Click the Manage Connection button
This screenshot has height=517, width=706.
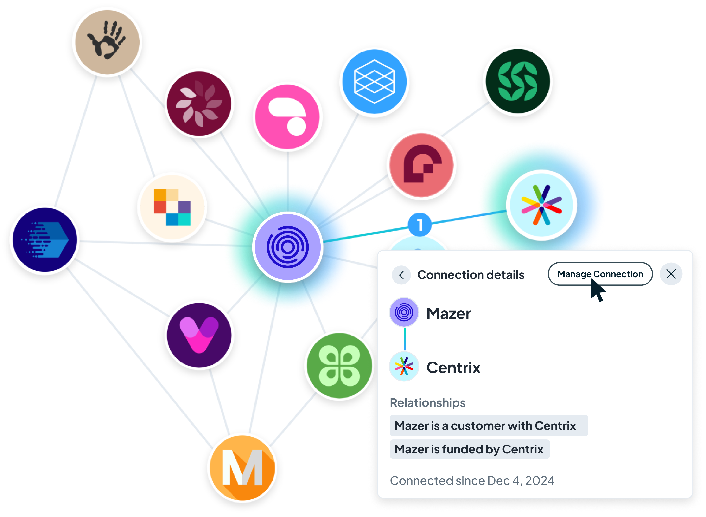click(600, 274)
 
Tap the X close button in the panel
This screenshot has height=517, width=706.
click(671, 274)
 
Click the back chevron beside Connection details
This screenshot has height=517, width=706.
click(401, 275)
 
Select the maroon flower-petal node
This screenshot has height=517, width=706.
click(199, 103)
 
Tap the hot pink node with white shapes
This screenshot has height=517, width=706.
click(287, 117)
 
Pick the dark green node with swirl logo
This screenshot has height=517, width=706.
click(517, 81)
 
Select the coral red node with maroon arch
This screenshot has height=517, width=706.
click(422, 165)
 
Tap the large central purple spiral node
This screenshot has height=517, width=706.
click(287, 247)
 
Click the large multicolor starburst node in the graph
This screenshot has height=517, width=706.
click(541, 205)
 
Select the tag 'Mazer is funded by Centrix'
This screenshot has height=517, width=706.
click(469, 449)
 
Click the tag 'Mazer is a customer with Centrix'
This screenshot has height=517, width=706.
click(488, 426)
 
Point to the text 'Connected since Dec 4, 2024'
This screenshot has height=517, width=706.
click(472, 481)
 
